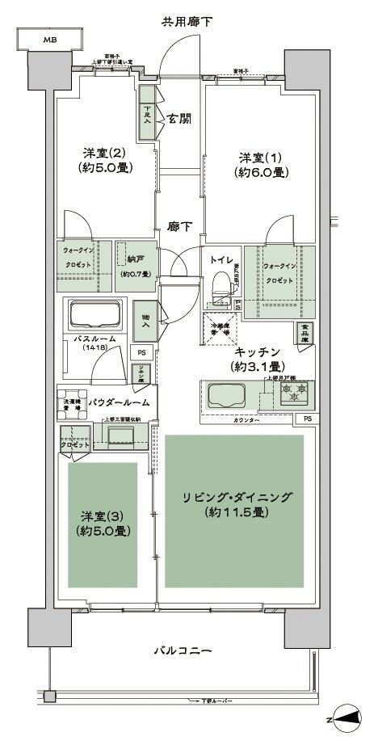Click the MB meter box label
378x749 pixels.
coord(49,39)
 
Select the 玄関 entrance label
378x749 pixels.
coord(178,118)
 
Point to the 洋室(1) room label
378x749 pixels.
coord(258,165)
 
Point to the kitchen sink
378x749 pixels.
coord(230,396)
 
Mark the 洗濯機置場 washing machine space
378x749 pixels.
coord(72,404)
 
